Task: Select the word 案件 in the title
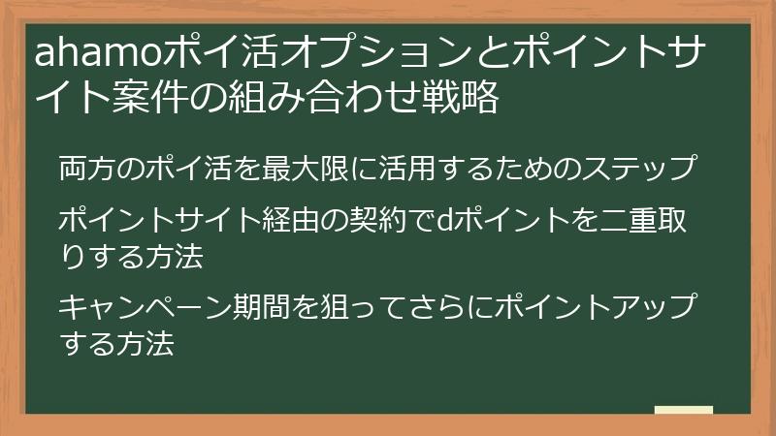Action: [141, 98]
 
